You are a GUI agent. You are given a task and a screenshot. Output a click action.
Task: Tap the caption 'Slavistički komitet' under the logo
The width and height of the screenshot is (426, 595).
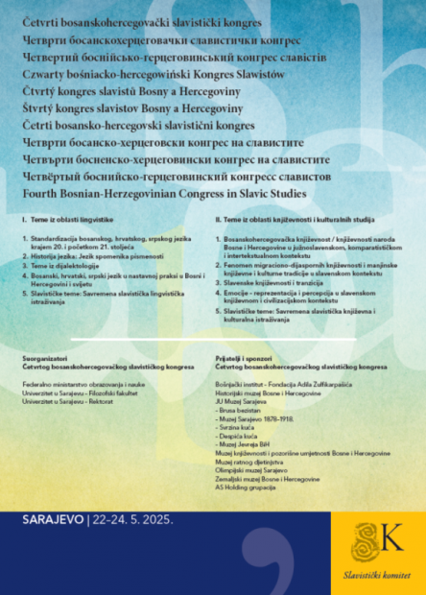[377, 574]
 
